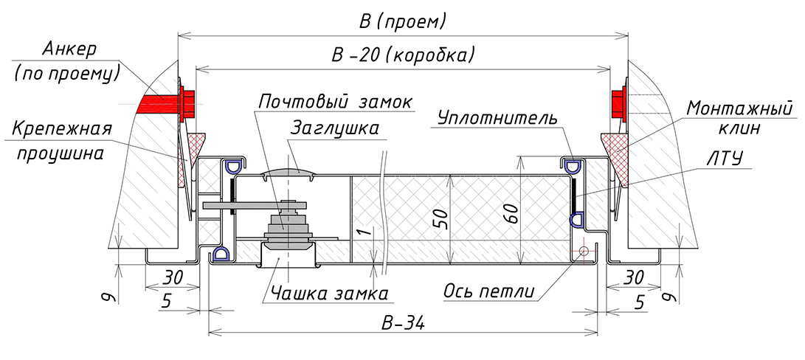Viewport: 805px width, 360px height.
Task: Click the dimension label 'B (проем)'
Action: point(402,21)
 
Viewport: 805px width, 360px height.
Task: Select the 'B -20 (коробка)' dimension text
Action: point(402,55)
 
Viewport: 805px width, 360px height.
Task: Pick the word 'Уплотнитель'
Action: point(497,118)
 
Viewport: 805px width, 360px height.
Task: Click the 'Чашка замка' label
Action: point(329,294)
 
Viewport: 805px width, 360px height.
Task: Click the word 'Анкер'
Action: point(70,50)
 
